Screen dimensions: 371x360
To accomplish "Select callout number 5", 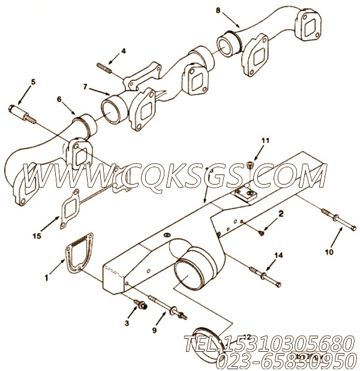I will (x=33, y=82).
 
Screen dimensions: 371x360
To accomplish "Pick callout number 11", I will (x=262, y=142).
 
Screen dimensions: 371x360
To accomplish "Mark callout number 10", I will (x=328, y=253).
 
